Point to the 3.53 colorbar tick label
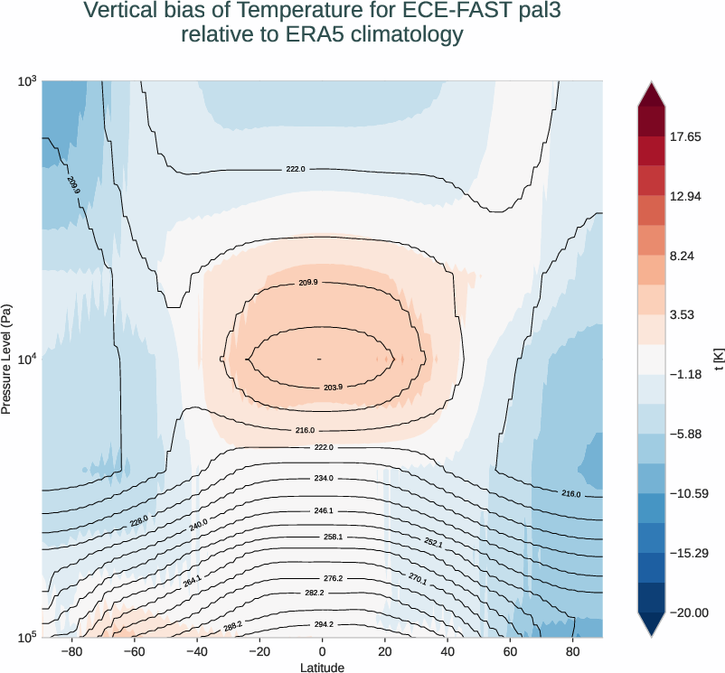click(x=686, y=315)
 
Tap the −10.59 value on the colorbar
click(x=691, y=493)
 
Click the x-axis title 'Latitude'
click(x=323, y=667)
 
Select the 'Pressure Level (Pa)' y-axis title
click(x=7, y=359)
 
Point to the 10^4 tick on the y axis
click(x=25, y=359)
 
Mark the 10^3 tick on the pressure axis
click(x=25, y=81)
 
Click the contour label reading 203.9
click(x=333, y=388)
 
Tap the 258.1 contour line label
click(x=333, y=537)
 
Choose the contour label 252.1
click(x=434, y=542)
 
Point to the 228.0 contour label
click(x=138, y=521)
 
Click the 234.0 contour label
click(x=324, y=478)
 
